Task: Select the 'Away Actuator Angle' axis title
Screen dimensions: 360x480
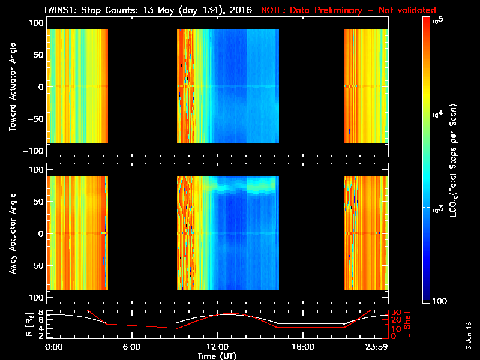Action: [x=13, y=234]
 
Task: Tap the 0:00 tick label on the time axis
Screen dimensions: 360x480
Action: [x=53, y=347]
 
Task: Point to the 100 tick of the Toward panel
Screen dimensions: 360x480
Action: [x=35, y=23]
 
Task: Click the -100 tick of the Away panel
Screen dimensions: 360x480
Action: [x=34, y=298]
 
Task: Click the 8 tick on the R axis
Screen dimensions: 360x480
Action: [x=40, y=312]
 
